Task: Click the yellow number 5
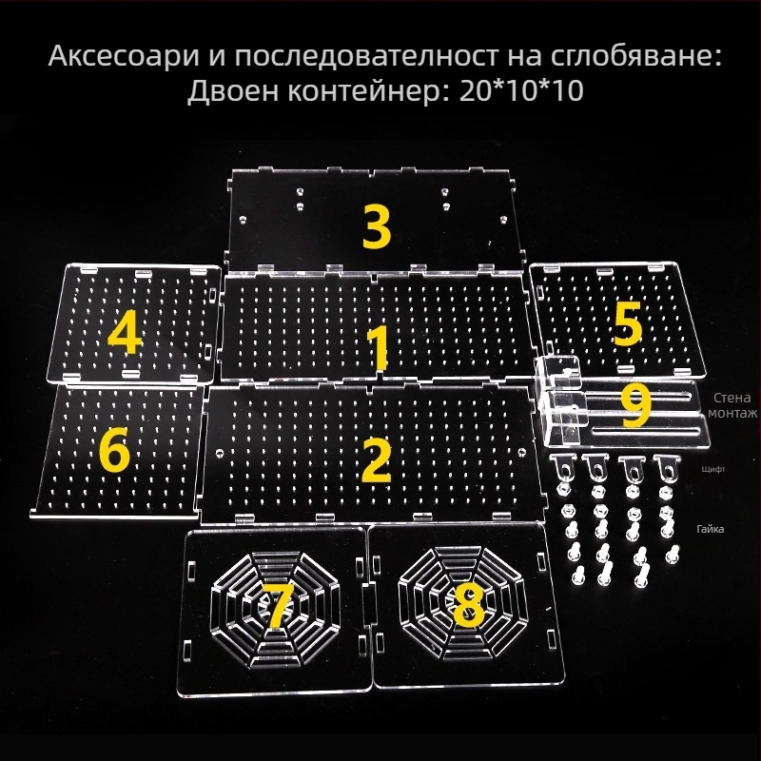click(x=627, y=323)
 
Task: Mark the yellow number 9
click(x=634, y=405)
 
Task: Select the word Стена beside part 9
click(x=730, y=397)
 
